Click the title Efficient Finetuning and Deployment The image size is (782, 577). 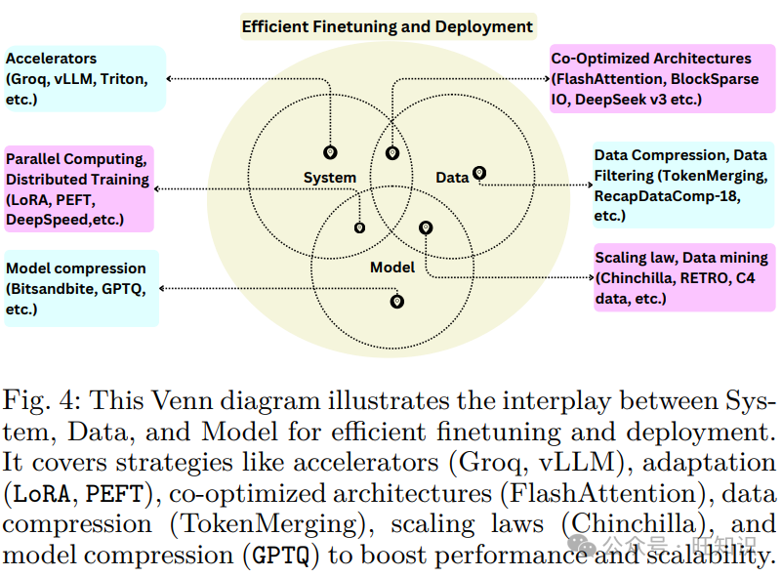point(388,26)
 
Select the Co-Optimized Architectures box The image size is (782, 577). point(654,78)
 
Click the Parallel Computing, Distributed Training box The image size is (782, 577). point(79,188)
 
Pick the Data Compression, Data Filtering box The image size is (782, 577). point(679,185)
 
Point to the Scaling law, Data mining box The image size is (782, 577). point(680,277)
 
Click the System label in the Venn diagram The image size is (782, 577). point(329,178)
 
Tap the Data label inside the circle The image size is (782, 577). point(452,178)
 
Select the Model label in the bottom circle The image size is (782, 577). point(392,267)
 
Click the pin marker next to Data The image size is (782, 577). point(479,173)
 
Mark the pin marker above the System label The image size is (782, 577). point(330,152)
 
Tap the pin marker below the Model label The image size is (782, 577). point(396,302)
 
